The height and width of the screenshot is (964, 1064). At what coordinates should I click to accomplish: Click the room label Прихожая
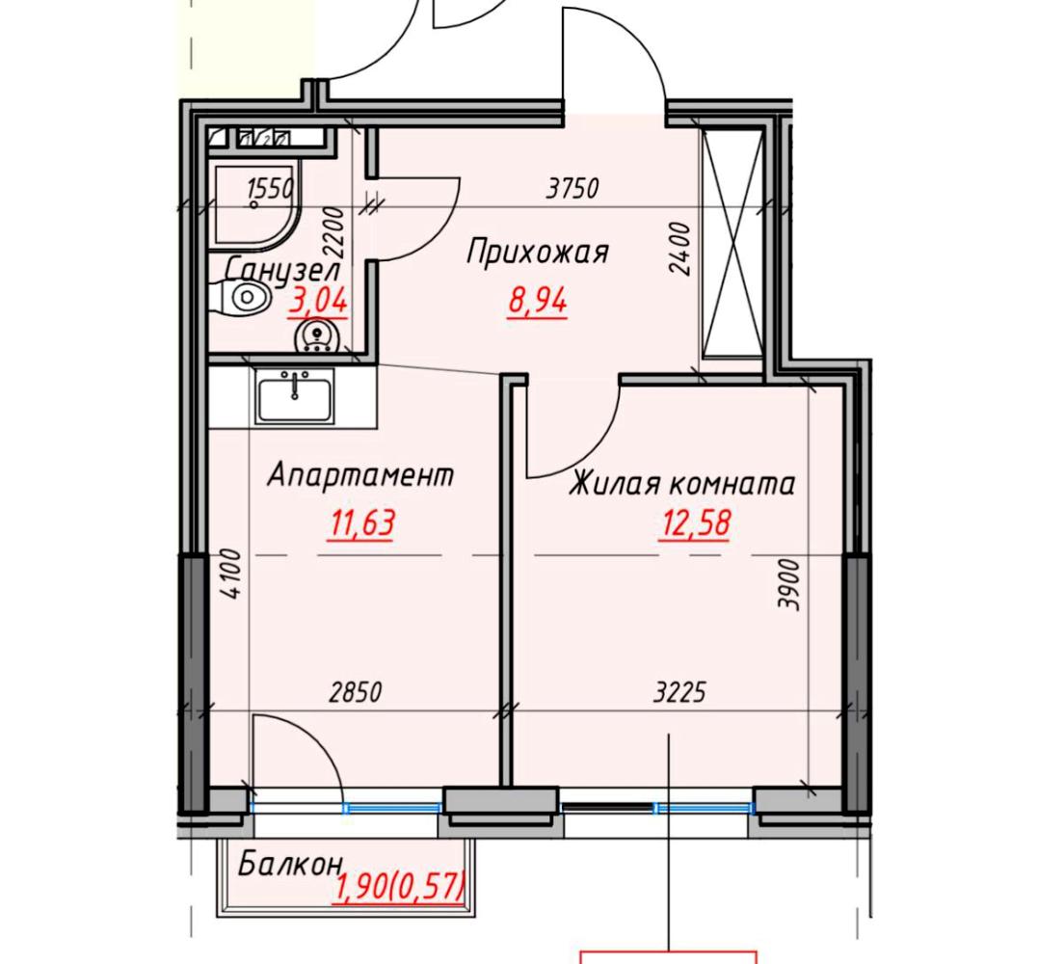point(538,253)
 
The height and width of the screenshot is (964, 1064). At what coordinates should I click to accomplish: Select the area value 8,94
point(538,302)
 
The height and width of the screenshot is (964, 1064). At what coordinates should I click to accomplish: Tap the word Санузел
point(282,270)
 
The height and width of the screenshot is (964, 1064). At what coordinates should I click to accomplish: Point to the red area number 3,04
point(318,300)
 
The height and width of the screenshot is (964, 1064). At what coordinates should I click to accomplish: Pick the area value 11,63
point(361,523)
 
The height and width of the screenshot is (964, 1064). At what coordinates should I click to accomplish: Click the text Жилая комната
point(681,484)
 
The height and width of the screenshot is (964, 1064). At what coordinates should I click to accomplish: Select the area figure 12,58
point(695,523)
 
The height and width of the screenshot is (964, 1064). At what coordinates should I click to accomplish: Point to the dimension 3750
point(572,188)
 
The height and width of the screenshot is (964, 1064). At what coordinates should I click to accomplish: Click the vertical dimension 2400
point(679,249)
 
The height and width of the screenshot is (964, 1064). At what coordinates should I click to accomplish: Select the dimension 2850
point(356,692)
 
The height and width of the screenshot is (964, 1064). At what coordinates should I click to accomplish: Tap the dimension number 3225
point(679,692)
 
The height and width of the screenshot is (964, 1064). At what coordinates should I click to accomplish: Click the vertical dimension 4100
point(231,575)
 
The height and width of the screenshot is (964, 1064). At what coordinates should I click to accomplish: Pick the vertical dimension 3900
point(789,584)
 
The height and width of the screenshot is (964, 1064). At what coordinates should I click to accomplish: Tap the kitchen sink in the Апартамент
point(295,397)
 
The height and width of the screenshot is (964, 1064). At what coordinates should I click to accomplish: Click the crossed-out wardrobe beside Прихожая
point(732,242)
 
